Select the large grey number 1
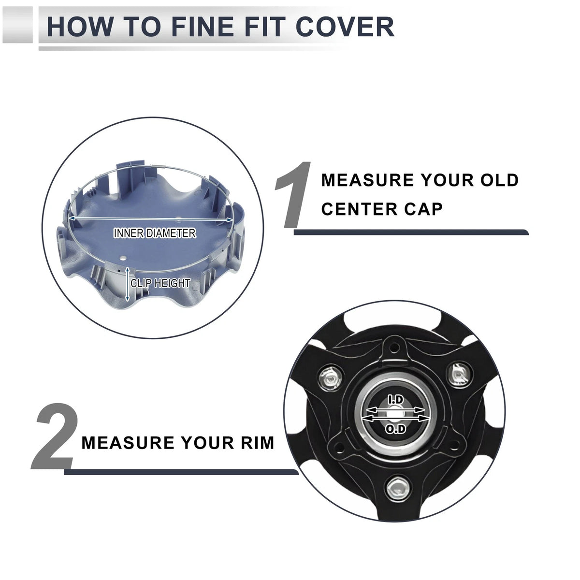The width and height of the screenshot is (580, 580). click(292, 195)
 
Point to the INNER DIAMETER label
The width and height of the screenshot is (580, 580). click(155, 233)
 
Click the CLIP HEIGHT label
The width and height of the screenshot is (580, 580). click(160, 283)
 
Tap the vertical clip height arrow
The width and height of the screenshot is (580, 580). click(127, 284)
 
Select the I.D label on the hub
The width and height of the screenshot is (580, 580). click(395, 400)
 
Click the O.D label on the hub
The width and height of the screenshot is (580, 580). click(395, 429)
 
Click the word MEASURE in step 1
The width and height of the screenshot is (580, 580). click(367, 180)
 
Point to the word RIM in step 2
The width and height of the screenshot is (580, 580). click(258, 443)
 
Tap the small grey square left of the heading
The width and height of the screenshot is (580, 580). click(17, 25)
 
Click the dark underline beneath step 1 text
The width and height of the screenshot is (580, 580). click(411, 232)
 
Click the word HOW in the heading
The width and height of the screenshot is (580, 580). click(79, 27)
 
